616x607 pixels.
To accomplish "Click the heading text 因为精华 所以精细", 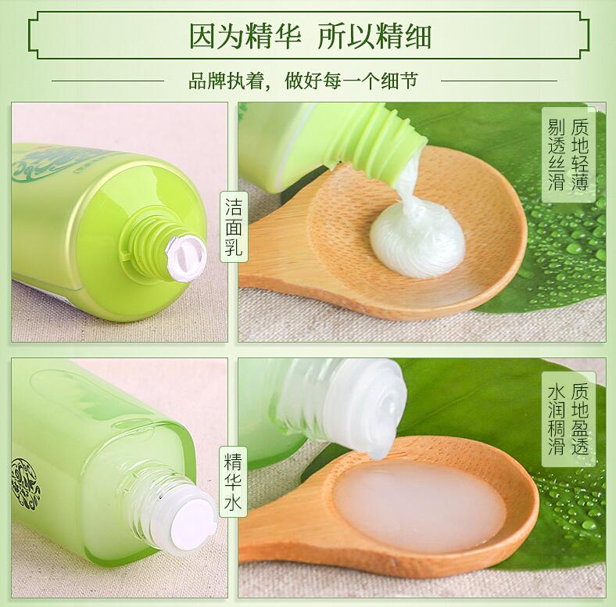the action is pos(310,36).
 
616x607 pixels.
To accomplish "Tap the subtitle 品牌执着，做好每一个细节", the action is pos(303,81).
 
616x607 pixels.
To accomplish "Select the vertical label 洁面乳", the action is pos(234,227).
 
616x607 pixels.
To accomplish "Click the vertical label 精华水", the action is pos(233,483).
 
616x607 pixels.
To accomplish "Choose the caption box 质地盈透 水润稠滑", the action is pos(568,418).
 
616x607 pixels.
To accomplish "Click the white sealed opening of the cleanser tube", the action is pos(186,257).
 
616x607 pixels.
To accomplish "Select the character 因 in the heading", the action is pos(203,37).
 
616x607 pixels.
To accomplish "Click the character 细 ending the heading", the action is pos(417,37).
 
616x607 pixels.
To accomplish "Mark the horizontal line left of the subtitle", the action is pos(108,81).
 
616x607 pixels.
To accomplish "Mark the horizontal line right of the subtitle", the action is pos(499,81).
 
